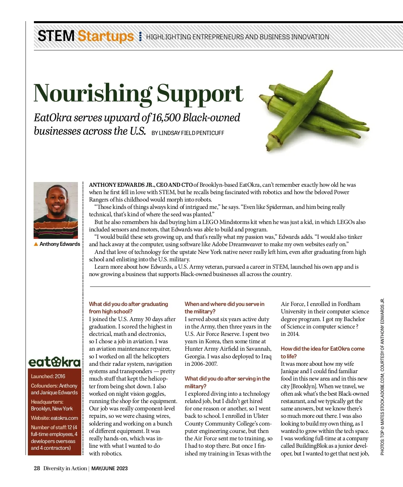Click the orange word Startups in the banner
[x=105, y=36]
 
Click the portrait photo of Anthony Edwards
[x=56, y=210]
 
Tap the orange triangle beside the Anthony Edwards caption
[x=36, y=244]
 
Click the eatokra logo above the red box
[x=55, y=362]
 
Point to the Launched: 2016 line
[x=48, y=377]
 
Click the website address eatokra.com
[x=64, y=418]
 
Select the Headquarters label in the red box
[x=47, y=402]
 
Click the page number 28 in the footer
[x=37, y=469]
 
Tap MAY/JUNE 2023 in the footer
[x=109, y=469]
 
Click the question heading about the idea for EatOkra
[x=322, y=352]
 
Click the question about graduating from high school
[x=128, y=308]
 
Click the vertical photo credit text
[x=382, y=376]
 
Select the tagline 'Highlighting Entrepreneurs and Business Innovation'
[x=237, y=37]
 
